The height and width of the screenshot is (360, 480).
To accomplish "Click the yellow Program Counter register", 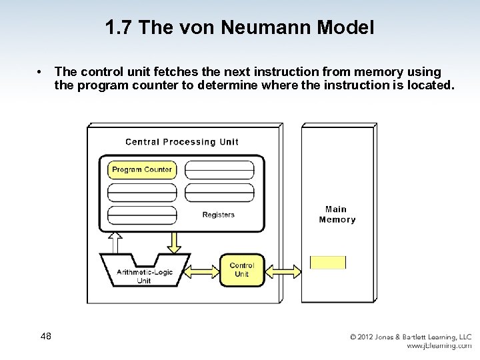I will tap(141, 170).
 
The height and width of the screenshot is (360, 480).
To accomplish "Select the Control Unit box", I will tap(241, 269).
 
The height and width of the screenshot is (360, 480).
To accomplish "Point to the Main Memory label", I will tap(337, 215).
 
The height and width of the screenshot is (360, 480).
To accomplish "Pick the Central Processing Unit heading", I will tap(181, 142).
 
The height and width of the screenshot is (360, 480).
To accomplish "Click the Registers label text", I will tap(218, 215).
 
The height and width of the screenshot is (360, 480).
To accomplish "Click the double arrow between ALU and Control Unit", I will tap(203, 270).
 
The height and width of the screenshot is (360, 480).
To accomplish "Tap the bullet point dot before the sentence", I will tap(41, 71).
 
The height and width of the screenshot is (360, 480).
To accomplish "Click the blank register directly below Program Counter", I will tap(141, 193).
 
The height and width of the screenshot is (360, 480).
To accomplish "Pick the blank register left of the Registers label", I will tap(141, 215).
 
